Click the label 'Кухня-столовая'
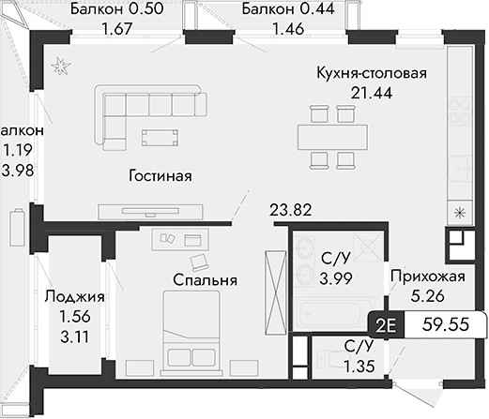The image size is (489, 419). pyautogui.click(x=372, y=74)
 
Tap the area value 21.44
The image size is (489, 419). pyautogui.click(x=372, y=92)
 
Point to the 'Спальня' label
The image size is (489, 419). pyautogui.click(x=204, y=279)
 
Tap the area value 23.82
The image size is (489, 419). pyautogui.click(x=288, y=210)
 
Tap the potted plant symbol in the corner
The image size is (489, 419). pyautogui.click(x=59, y=65)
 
